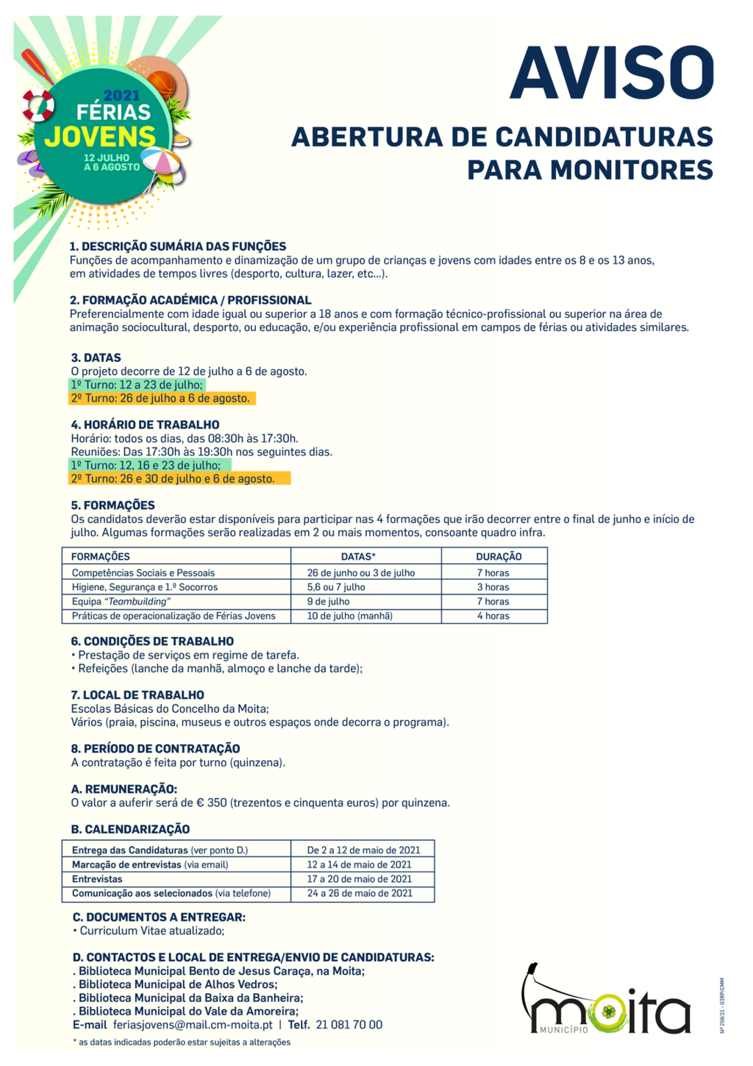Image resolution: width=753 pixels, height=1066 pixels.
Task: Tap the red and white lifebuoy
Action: [x=38, y=105]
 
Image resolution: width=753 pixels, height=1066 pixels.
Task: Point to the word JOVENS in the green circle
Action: [x=100, y=137]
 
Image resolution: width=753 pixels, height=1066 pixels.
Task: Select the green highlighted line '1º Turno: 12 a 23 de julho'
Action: [x=137, y=385]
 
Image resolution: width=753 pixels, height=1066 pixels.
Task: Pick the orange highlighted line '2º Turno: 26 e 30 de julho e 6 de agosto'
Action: [x=174, y=479]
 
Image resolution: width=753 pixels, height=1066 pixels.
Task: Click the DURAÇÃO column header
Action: [x=498, y=556]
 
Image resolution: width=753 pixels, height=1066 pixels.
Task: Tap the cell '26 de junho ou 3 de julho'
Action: [x=360, y=572]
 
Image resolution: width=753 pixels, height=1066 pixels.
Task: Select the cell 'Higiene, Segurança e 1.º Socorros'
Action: [x=145, y=587]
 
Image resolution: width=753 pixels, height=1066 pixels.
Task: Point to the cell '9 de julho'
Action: [x=328, y=602]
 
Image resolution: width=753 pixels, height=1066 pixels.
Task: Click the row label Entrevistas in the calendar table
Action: [x=97, y=879]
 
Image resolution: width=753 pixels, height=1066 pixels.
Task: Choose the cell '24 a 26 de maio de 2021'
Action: [x=360, y=893]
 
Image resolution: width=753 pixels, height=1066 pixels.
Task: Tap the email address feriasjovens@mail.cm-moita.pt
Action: [x=193, y=1025]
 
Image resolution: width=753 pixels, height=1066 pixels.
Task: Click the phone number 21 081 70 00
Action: [x=349, y=1025]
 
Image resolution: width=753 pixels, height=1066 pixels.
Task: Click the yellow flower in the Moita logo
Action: [x=608, y=1012]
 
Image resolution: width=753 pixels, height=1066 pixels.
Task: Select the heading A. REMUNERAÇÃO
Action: [x=124, y=789]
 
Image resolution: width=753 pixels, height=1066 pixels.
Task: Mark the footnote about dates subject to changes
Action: [x=181, y=1042]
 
